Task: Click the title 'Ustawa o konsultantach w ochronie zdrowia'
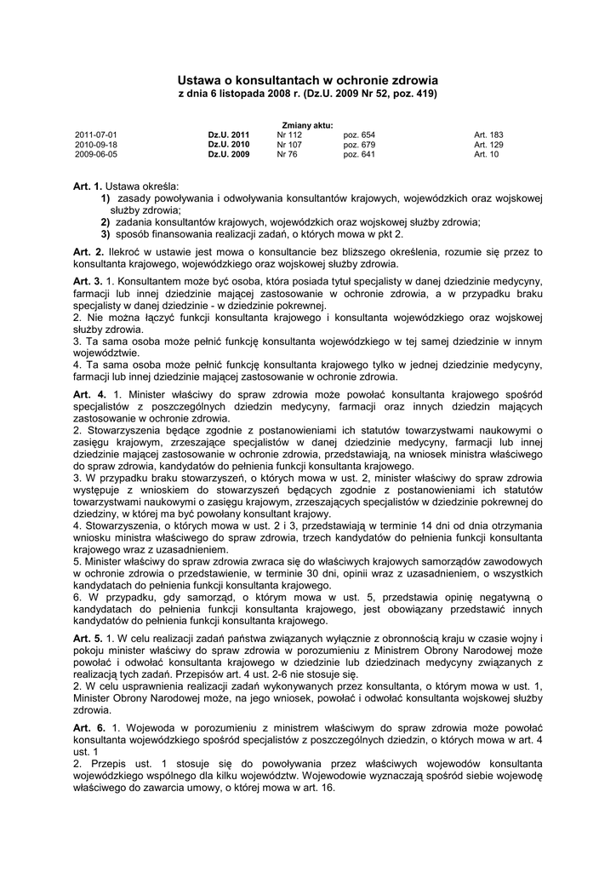click(x=307, y=78)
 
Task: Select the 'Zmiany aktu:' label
click(x=307, y=125)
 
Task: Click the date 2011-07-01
click(x=96, y=135)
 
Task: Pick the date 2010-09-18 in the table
click(x=96, y=145)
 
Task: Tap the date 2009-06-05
click(x=96, y=155)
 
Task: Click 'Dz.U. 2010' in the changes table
click(x=229, y=145)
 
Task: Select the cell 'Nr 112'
click(x=289, y=135)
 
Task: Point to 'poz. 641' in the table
click(x=359, y=155)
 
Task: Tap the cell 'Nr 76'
click(x=287, y=155)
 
